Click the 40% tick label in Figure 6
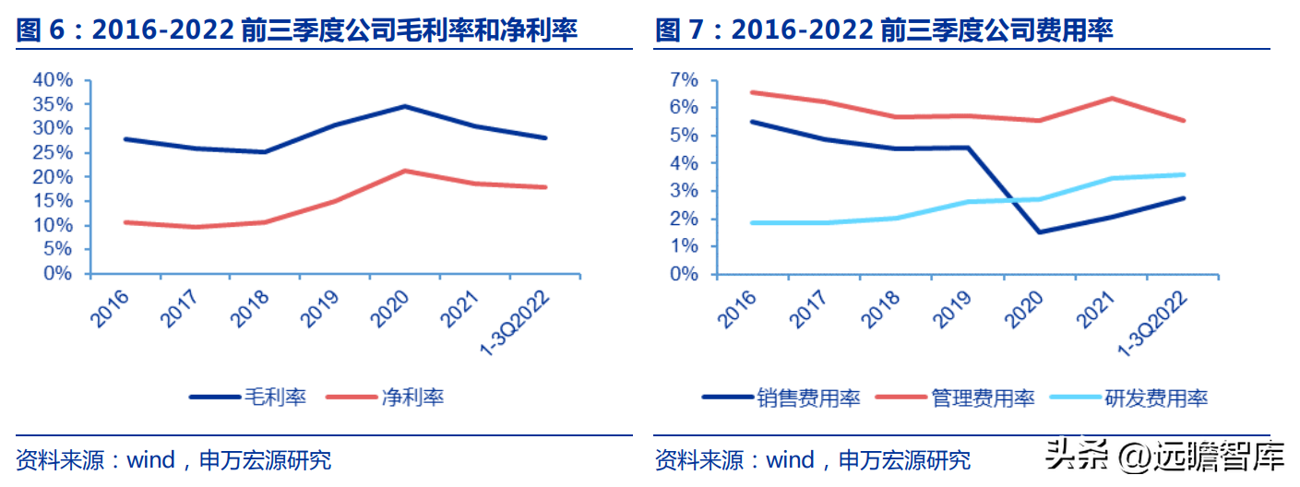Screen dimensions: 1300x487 point(53,80)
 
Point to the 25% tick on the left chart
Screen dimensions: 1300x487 point(53,153)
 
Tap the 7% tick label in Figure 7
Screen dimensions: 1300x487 point(685,80)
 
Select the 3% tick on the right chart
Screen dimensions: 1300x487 point(685,191)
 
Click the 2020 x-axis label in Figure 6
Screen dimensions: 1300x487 point(389,309)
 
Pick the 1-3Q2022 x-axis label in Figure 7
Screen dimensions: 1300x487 point(1152,324)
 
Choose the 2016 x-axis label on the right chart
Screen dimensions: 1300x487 point(737,309)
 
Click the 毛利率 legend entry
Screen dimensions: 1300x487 point(248,397)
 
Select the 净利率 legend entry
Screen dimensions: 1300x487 point(385,397)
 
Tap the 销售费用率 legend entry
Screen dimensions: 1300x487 point(781,398)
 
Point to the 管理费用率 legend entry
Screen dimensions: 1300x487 point(955,398)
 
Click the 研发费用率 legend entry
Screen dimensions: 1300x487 point(1129,398)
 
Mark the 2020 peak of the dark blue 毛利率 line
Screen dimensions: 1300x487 point(405,106)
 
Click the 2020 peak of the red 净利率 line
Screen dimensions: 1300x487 point(405,171)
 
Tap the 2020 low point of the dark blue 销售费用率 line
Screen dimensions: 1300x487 point(1039,232)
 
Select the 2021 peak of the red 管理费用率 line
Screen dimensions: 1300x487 point(1112,98)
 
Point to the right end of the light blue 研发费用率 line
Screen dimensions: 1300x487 point(1184,174)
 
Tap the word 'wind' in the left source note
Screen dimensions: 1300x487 point(151,460)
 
